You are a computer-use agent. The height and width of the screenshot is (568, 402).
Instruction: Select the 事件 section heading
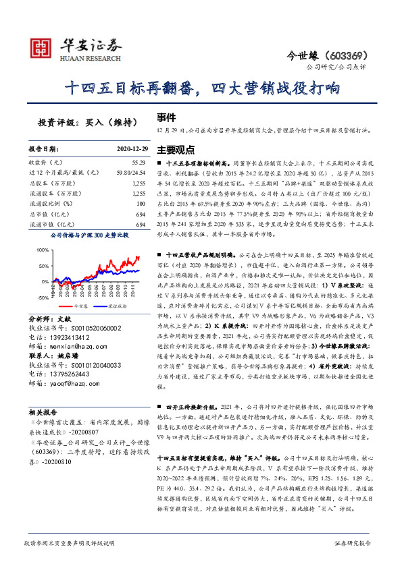point(166,116)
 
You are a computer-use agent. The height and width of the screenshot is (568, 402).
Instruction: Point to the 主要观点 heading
point(176,149)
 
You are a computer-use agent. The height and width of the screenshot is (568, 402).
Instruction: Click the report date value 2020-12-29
point(127,149)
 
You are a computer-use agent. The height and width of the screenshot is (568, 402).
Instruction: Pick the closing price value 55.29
point(138,163)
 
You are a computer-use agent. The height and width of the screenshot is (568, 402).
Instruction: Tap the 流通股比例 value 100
point(141,203)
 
